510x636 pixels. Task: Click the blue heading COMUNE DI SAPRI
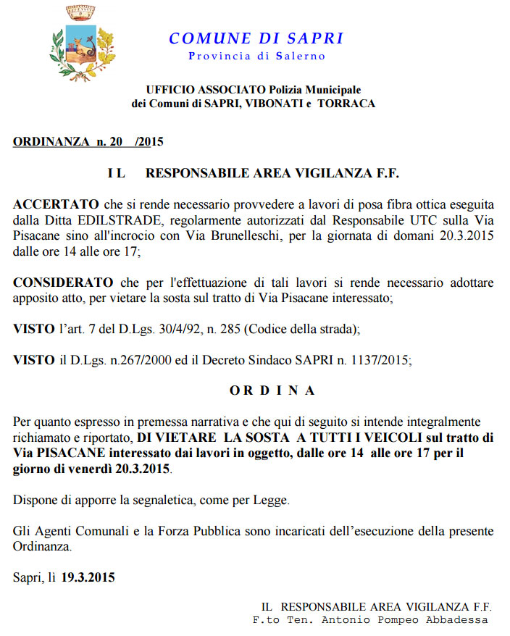point(256,38)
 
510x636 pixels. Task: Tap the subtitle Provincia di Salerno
point(256,56)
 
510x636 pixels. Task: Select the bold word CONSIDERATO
point(63,282)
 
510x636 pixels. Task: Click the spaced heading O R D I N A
point(272,390)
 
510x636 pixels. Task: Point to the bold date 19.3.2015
point(88,578)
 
